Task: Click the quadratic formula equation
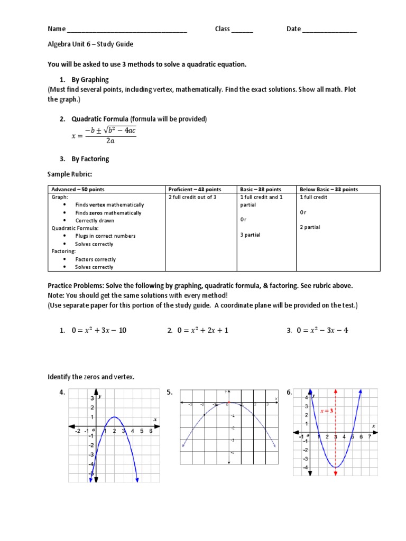[104, 135]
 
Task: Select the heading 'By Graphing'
[90, 80]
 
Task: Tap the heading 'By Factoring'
[90, 158]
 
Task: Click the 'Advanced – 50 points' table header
[78, 189]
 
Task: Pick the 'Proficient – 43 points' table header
[195, 189]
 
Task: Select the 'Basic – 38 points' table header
[261, 189]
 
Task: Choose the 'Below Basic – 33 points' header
[329, 189]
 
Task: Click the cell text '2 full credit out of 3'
[192, 197]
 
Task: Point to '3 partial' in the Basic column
[250, 235]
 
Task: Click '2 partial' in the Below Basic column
[310, 227]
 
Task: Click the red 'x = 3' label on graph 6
[326, 411]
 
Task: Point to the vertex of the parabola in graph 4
[114, 417]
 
